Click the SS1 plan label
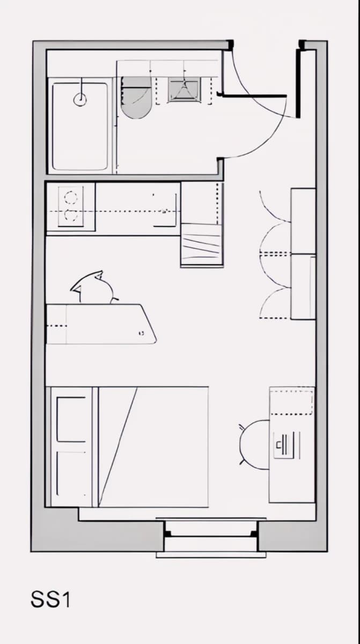(x=50, y=599)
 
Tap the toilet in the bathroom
(x=136, y=98)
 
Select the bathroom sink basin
(x=184, y=90)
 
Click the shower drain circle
(x=80, y=99)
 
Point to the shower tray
(x=80, y=126)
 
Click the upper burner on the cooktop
(x=71, y=198)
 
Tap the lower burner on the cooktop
(x=71, y=216)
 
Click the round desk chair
(x=254, y=445)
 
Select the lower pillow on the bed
(x=71, y=474)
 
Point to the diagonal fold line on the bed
(x=118, y=447)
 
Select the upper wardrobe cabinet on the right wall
(x=304, y=221)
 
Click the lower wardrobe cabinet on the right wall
(x=304, y=287)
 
